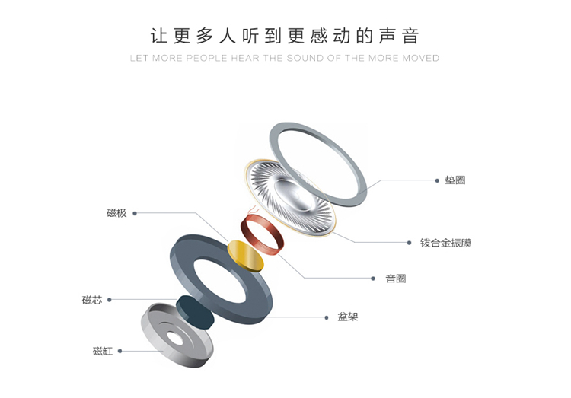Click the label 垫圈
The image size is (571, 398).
455,180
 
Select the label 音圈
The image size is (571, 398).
395,279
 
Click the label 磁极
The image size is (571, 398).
116,213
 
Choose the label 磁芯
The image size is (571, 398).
91,300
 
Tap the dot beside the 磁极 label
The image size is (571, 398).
135,213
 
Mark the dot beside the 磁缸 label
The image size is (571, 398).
120,351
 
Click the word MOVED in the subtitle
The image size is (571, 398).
422,58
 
